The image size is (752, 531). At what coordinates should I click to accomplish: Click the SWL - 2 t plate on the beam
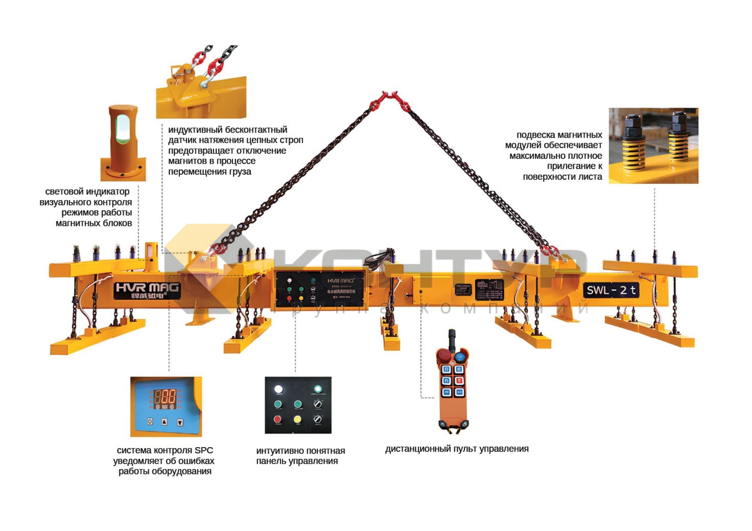click(611, 290)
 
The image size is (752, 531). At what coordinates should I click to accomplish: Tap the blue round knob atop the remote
click(461, 357)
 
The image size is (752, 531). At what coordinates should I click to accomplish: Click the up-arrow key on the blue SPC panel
click(164, 422)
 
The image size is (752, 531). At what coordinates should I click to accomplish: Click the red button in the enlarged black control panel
click(277, 419)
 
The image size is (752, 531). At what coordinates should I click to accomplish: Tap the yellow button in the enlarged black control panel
click(297, 419)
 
